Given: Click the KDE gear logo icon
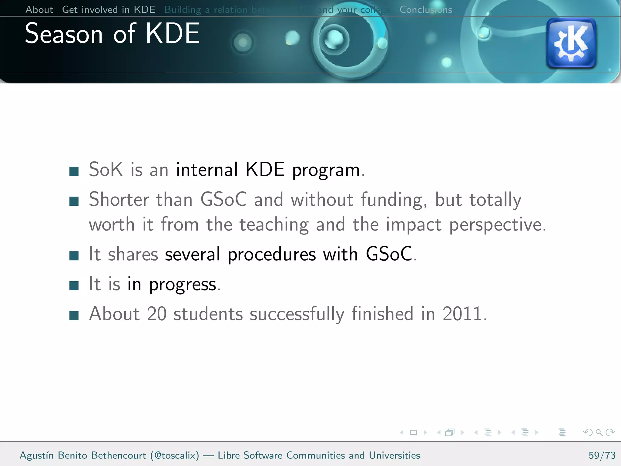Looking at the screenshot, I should click(571, 43).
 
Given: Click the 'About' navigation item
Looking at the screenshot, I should click(39, 10).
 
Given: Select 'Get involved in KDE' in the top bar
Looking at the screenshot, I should click(109, 10).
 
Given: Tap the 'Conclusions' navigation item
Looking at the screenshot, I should click(425, 10).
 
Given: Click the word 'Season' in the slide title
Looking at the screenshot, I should click(64, 34).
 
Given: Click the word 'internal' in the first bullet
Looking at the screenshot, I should click(207, 170).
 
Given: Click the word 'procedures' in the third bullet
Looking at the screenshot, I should click(272, 254).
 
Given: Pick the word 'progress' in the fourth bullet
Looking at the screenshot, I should click(183, 285).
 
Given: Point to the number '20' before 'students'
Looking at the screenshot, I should click(157, 314).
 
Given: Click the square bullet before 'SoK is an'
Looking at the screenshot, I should click(74, 171).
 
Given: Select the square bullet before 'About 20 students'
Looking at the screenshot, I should click(74, 316).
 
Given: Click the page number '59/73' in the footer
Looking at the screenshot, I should click(602, 455).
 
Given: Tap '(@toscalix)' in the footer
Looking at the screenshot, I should click(175, 455).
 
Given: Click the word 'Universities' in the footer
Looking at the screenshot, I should click(394, 455).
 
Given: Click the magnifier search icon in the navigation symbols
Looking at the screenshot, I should click(599, 432).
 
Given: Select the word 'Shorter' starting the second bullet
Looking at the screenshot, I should click(119, 200).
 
